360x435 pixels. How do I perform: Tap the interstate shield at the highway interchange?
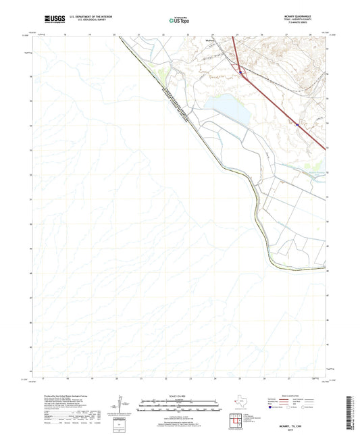tap(241, 68)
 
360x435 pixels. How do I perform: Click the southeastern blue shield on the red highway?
tap(296, 124)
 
